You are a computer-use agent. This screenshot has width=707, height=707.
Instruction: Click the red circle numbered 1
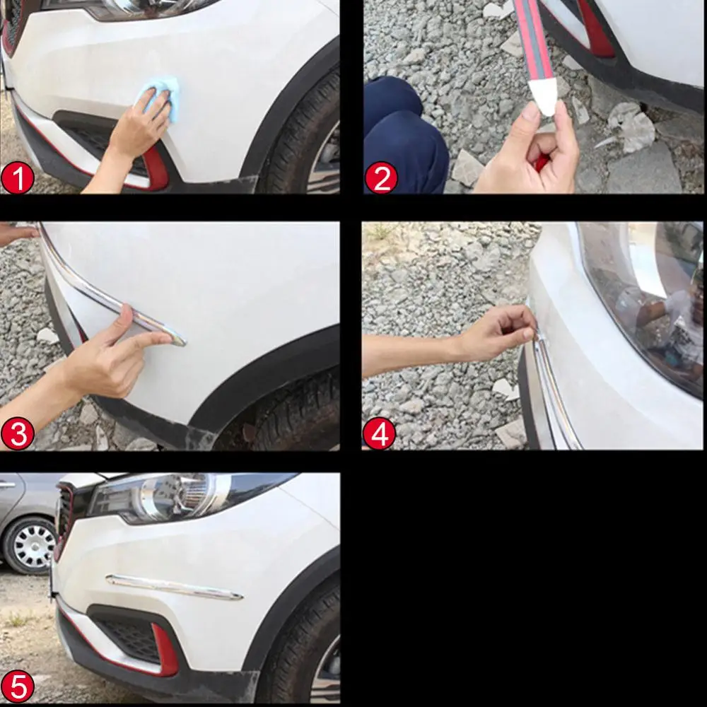click(18, 178)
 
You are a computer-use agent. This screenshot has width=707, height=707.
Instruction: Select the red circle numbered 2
click(381, 178)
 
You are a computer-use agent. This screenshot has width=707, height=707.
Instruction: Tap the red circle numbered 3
click(18, 433)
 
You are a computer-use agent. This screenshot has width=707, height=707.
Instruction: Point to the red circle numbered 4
click(380, 433)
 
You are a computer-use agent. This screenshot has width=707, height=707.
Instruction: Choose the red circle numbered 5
click(18, 686)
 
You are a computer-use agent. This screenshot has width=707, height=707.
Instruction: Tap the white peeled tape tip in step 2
click(545, 96)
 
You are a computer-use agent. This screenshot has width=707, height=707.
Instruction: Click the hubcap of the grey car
click(32, 545)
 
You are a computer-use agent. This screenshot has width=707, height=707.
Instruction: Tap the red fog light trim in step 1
click(156, 170)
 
